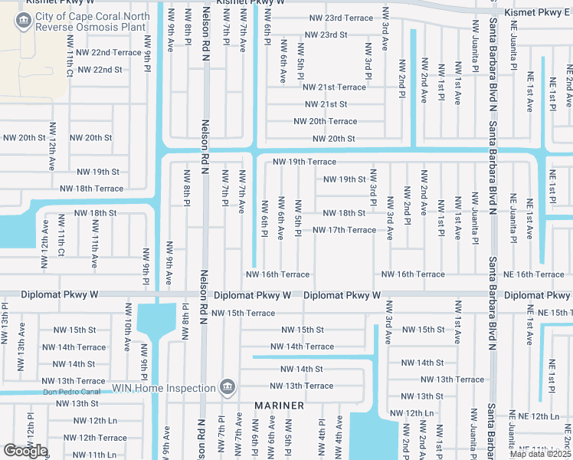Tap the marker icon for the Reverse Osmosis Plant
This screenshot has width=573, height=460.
click(22, 22)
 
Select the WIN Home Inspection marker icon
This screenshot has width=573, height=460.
click(226, 387)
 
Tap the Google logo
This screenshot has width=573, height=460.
click(26, 450)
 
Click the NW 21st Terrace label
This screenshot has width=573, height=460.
click(336, 87)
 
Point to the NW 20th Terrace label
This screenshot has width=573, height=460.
click(325, 121)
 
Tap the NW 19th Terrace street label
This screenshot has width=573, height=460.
click(304, 162)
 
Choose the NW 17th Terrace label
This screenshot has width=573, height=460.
click(344, 230)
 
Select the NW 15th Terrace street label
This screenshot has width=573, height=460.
click(243, 313)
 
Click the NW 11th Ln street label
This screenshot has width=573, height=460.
click(90, 455)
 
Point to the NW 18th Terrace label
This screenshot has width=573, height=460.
click(92, 189)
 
